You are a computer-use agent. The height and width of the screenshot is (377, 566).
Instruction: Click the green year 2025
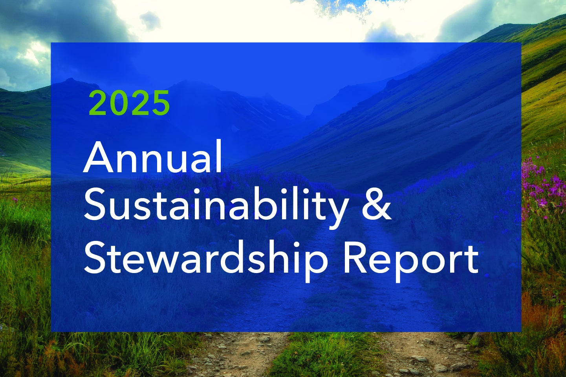pos(129,103)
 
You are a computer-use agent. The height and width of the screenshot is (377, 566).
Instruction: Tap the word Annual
pos(153,157)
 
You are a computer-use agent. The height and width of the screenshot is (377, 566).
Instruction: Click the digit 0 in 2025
pos(119,103)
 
